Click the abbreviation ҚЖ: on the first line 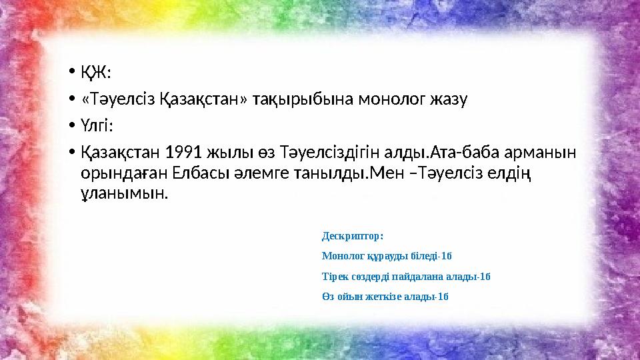[x=96, y=71]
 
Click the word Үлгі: [x=97, y=126]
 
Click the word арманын [x=546, y=153]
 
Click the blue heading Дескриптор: [x=353, y=236]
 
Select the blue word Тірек [x=334, y=276]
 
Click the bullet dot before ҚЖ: [x=71, y=71]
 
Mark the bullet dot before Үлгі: [x=71, y=127]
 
